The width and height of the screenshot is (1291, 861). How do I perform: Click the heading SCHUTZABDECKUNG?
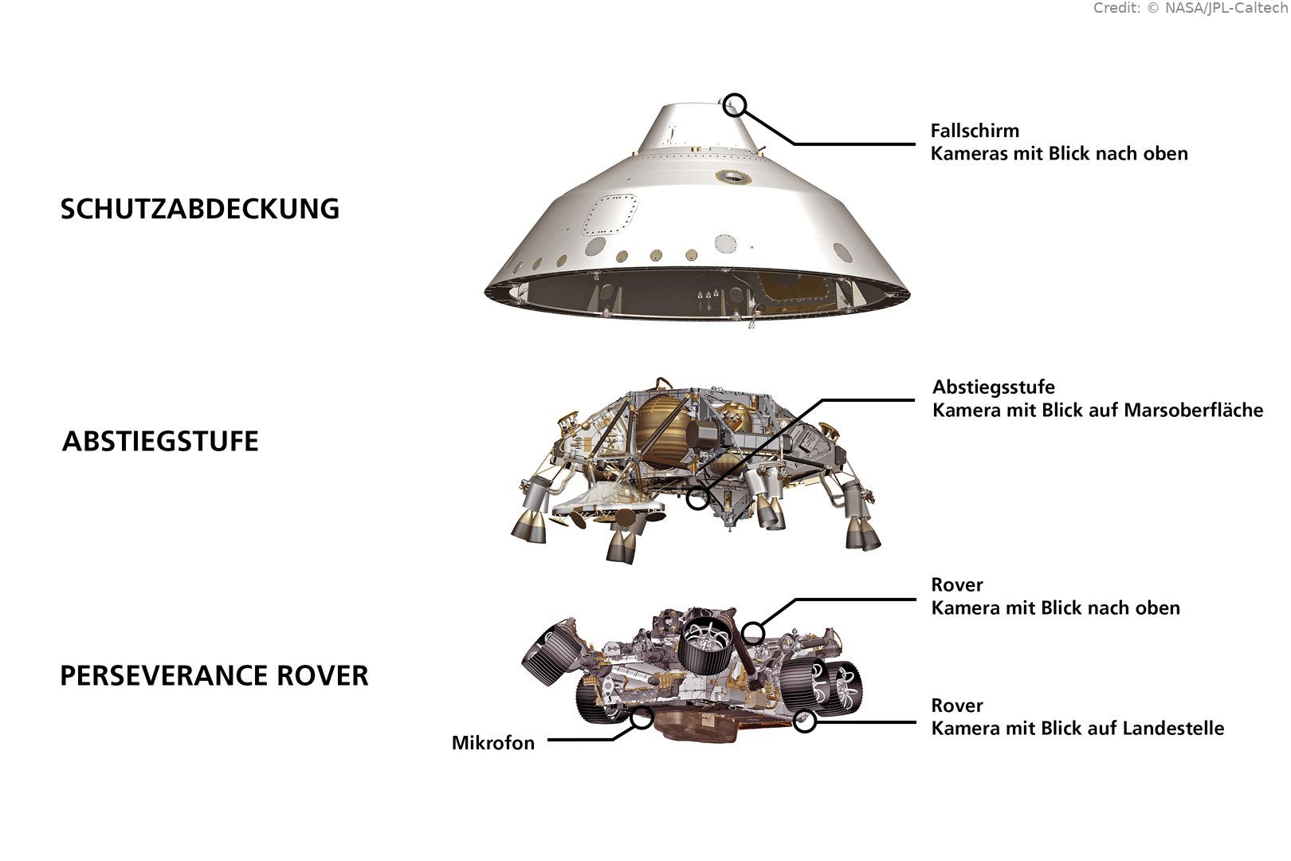200,209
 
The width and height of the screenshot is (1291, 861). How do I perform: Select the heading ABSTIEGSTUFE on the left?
160,441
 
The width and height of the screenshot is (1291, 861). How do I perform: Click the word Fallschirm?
975,131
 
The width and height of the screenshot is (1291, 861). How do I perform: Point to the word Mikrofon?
492,743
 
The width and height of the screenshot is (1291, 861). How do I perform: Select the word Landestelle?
1173,729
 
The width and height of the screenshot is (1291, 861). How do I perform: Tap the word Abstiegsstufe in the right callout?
994,387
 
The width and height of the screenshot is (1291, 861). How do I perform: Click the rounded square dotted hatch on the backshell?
610,215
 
